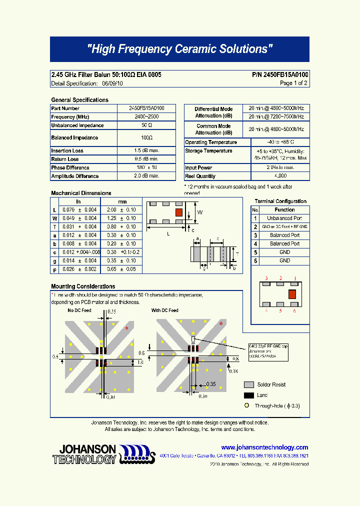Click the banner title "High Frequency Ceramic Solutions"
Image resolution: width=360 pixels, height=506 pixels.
tap(179, 49)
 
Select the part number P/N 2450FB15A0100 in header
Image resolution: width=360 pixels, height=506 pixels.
tap(280, 74)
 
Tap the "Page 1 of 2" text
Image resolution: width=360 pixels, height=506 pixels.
tap(293, 83)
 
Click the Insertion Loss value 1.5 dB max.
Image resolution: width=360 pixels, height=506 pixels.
tap(146, 150)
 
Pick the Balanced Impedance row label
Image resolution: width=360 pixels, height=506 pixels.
tap(74, 137)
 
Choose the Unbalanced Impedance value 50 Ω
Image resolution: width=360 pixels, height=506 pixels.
tap(146, 125)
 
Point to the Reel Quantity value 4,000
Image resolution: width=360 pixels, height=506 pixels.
tap(280, 176)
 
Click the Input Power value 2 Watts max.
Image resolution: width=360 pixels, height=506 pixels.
tap(280, 167)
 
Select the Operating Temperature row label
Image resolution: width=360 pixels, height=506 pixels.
tap(211, 142)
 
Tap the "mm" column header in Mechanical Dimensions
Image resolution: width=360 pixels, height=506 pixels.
tap(121, 201)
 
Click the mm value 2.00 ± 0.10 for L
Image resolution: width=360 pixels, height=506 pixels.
tap(121, 210)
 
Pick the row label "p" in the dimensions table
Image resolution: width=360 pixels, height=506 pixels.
tap(54, 269)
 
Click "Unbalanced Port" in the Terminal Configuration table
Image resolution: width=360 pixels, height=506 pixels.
tap(284, 218)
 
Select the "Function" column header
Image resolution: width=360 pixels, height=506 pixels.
tap(284, 210)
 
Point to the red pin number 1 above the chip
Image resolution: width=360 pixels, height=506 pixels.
tap(295, 278)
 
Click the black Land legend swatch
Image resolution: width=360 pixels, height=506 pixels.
tap(248, 395)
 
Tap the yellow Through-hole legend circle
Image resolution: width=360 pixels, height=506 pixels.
tap(246, 406)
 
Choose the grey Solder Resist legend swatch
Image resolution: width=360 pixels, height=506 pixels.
tap(248, 384)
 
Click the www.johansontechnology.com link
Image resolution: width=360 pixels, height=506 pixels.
tap(264, 447)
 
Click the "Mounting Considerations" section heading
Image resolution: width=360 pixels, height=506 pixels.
tap(83, 286)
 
